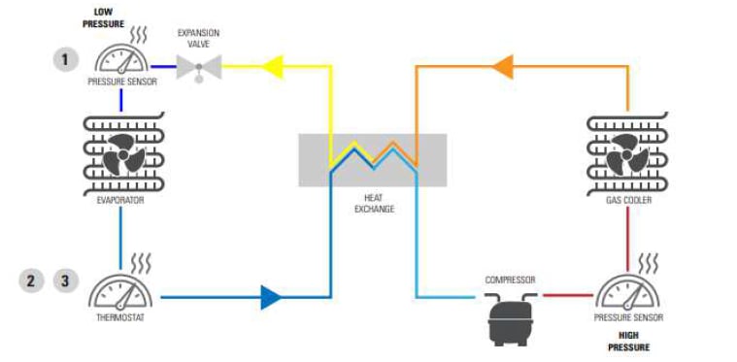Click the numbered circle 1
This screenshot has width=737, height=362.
point(66,60)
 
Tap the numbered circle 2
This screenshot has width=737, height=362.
point(31,280)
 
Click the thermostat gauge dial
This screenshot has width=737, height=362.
point(121,290)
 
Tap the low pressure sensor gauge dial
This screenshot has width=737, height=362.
point(121,60)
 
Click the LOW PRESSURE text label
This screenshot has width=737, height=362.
point(110,18)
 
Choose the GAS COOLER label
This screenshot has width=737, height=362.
point(627,200)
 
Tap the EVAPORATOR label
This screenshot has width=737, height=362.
point(120,200)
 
